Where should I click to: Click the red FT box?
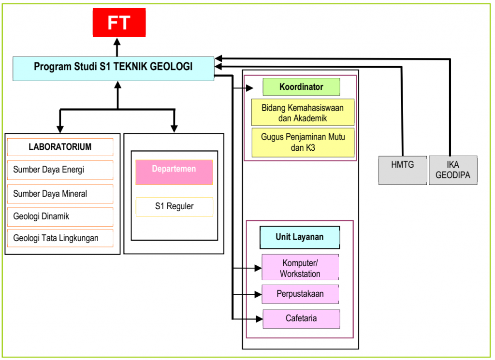119,23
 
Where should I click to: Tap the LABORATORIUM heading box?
60,147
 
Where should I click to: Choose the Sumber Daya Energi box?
60,170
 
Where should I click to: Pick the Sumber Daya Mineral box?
60,194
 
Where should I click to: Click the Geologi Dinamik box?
60,216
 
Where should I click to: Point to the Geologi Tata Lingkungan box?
60,238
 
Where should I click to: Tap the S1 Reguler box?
174,207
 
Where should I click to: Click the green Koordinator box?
301,87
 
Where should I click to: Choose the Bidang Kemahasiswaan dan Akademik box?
303,113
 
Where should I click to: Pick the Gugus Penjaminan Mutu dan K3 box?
303,143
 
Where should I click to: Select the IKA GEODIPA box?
453,170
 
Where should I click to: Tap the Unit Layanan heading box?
300,237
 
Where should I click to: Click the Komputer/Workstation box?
300,268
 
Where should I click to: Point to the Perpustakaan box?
300,294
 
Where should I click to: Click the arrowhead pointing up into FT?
116,42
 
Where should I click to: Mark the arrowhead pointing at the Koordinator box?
250,88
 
